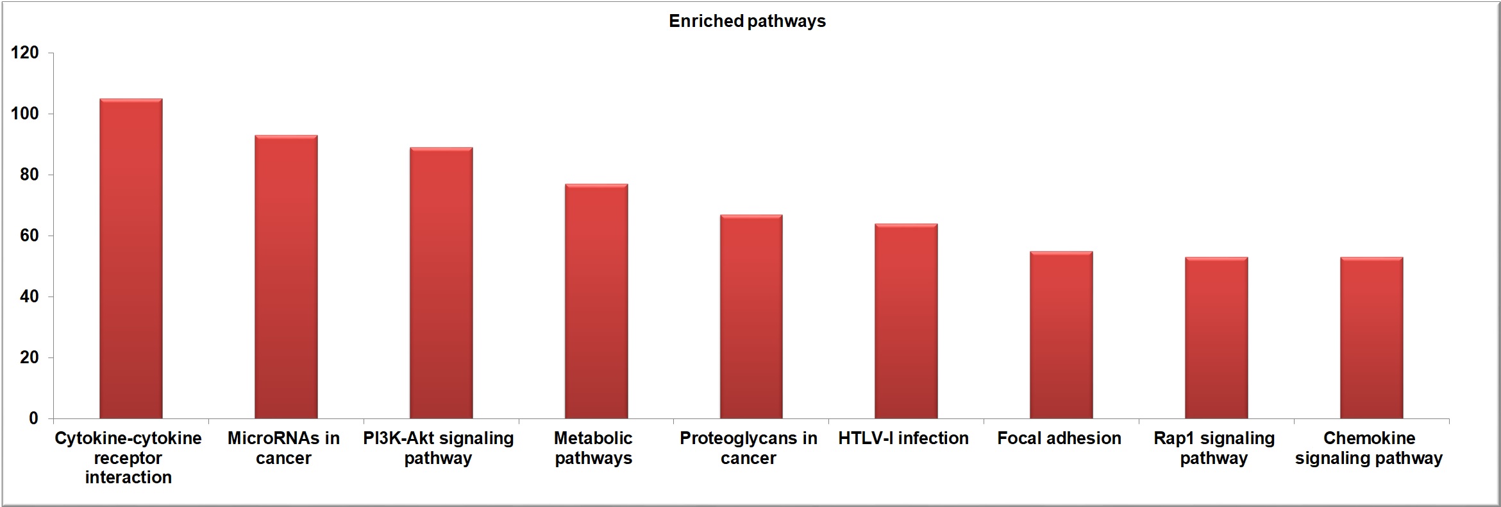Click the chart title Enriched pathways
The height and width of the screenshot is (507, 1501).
(x=747, y=21)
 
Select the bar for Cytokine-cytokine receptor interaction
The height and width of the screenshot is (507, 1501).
(x=131, y=259)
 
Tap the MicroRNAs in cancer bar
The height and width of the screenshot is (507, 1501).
(x=286, y=277)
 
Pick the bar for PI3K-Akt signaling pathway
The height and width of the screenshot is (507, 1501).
(x=441, y=283)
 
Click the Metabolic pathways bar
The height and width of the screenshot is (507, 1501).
(x=596, y=301)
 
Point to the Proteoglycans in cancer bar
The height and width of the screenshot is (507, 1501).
(x=751, y=316)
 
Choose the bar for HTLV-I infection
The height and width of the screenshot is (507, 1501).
(x=907, y=321)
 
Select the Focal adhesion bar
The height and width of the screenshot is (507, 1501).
(x=1062, y=335)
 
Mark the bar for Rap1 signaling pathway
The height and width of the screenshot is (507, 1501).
(x=1216, y=338)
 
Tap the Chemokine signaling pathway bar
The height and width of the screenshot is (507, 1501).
(x=1371, y=338)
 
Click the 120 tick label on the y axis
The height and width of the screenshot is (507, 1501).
(x=25, y=53)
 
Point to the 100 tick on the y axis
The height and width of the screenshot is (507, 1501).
(x=25, y=114)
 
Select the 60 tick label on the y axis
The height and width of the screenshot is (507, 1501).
(x=29, y=236)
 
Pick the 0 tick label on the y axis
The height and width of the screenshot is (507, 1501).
(x=34, y=418)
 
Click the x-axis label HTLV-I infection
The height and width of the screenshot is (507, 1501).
(x=903, y=438)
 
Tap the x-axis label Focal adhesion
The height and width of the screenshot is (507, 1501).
(x=1059, y=438)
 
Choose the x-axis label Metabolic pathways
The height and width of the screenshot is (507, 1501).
(x=594, y=448)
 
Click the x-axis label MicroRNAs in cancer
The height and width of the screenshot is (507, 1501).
(x=283, y=448)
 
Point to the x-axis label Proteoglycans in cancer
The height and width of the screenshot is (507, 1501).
(x=748, y=448)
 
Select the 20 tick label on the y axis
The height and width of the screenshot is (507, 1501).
(x=29, y=357)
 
